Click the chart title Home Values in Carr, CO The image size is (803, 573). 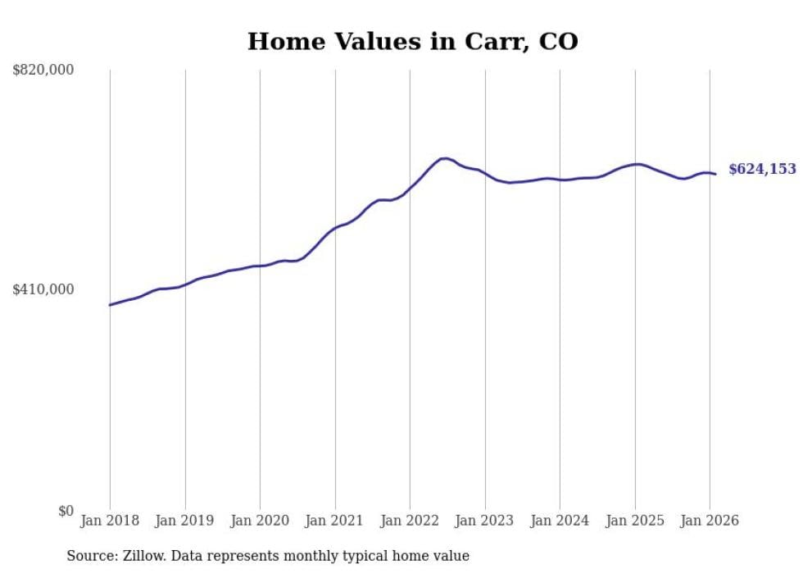pyautogui.click(x=412, y=41)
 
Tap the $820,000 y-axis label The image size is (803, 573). pyautogui.click(x=43, y=70)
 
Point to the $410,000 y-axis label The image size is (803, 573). pyautogui.click(x=43, y=289)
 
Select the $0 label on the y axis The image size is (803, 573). pyautogui.click(x=66, y=511)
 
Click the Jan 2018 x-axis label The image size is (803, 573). pyautogui.click(x=110, y=521)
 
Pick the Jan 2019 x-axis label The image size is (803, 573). pyautogui.click(x=185, y=521)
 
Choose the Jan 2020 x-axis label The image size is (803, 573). pyautogui.click(x=260, y=521)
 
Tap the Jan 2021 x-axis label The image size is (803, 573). pyautogui.click(x=335, y=521)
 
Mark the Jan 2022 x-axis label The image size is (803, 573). pyautogui.click(x=410, y=521)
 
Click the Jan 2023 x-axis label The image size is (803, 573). pyautogui.click(x=485, y=521)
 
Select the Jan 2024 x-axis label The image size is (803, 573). pyautogui.click(x=560, y=521)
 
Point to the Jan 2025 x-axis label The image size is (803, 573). pyautogui.click(x=635, y=521)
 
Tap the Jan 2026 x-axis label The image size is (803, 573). pyautogui.click(x=710, y=521)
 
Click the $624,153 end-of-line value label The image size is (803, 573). pyautogui.click(x=762, y=169)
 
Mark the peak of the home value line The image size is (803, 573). pyautogui.click(x=444, y=158)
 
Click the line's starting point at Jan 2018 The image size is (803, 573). pyautogui.click(x=110, y=305)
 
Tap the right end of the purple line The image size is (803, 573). pyautogui.click(x=715, y=174)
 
